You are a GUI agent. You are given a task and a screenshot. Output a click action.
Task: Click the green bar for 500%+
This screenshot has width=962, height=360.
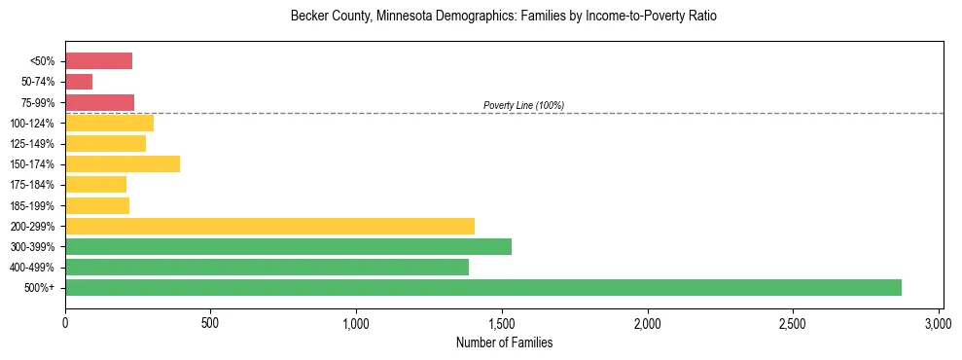pos(483,287)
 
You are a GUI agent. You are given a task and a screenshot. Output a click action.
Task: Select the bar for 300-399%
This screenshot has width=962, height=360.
pos(288,246)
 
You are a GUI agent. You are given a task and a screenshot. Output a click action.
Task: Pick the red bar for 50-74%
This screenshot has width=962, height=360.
pos(79,82)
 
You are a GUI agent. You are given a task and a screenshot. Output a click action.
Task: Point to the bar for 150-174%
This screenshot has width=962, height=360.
pos(123,164)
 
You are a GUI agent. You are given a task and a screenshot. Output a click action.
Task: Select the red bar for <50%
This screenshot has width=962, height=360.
pos(98,61)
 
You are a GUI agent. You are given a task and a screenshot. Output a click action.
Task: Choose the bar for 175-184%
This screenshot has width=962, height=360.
pos(95,185)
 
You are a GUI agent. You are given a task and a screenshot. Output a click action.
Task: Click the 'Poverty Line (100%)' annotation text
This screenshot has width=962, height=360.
pos(523,105)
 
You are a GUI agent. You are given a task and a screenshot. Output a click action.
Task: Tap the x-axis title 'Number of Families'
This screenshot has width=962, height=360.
pos(504,342)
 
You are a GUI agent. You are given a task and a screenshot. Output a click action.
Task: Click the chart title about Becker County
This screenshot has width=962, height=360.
pos(503,18)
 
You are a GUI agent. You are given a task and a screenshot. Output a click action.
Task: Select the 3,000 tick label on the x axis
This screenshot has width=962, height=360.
pos(939,322)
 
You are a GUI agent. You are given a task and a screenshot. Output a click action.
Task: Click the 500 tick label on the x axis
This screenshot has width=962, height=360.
pos(211,322)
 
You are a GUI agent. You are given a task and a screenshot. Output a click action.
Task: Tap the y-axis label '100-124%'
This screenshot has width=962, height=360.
pos(33,124)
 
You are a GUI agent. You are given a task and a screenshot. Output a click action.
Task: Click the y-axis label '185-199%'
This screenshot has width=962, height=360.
pos(33,206)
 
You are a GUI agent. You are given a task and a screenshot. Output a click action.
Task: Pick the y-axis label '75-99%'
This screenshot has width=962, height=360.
pos(37,103)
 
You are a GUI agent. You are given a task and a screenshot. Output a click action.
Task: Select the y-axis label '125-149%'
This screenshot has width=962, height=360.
pos(33,144)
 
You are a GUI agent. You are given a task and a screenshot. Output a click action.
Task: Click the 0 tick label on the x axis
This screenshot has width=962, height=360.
pos(65,322)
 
